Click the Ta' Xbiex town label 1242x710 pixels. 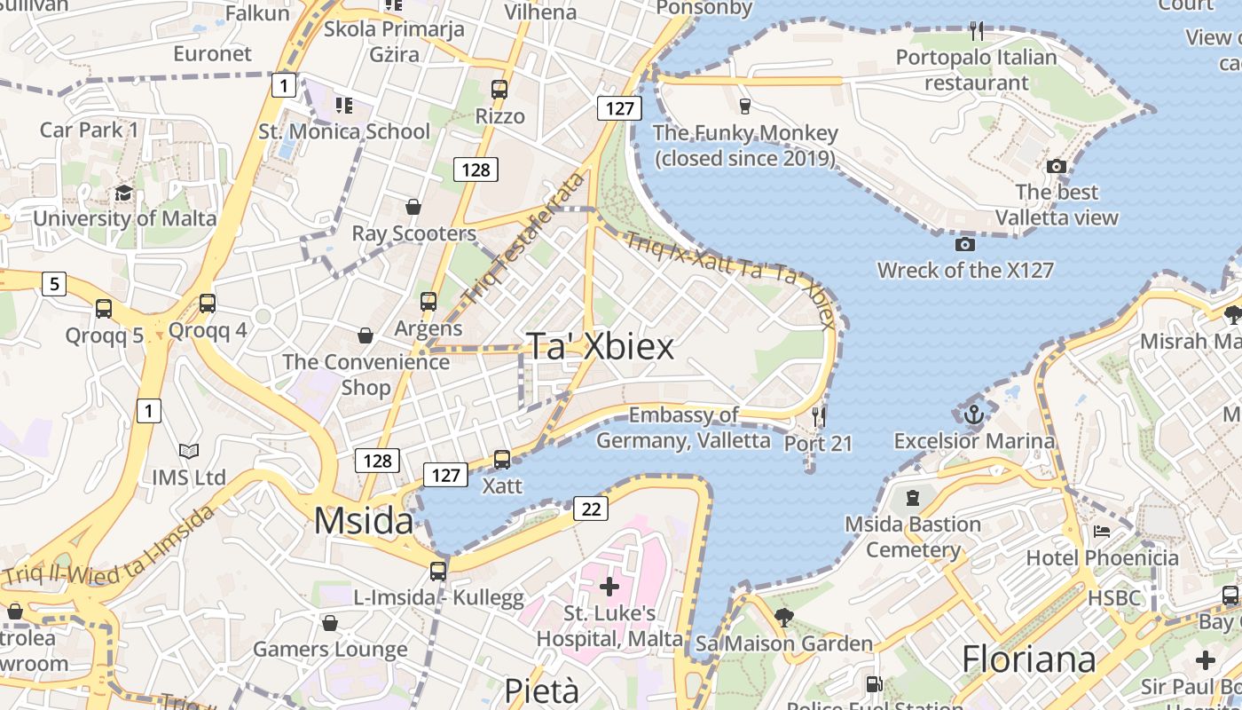(x=601, y=346)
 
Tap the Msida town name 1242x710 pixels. (x=364, y=521)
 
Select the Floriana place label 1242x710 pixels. (x=1029, y=659)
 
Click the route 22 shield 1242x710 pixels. (x=590, y=509)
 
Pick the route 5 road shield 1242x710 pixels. (x=54, y=284)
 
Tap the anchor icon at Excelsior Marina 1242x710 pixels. (x=974, y=414)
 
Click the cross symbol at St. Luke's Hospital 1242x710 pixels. (x=609, y=586)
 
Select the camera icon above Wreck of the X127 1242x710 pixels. (x=965, y=244)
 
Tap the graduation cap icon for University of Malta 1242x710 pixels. (x=123, y=193)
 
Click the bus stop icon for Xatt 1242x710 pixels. (x=502, y=460)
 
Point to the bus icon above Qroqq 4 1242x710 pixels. (x=208, y=304)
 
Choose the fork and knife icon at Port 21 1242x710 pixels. (x=818, y=415)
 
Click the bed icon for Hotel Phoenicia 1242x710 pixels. (x=1102, y=532)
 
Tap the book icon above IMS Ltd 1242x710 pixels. (x=188, y=451)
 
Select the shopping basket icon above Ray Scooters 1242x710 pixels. (x=413, y=208)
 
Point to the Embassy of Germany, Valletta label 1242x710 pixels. (x=683, y=428)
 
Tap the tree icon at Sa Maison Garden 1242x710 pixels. (x=783, y=618)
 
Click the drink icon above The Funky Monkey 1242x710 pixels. (x=745, y=106)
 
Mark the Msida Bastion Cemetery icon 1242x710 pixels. (x=913, y=498)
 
